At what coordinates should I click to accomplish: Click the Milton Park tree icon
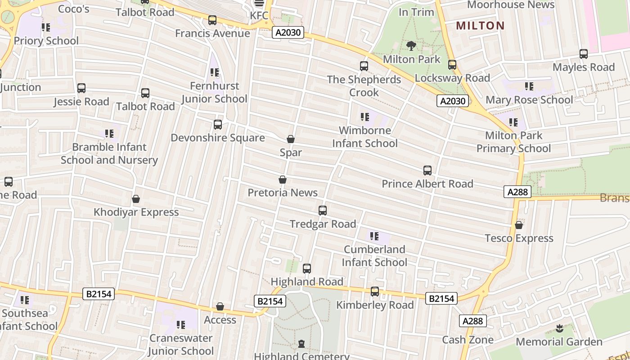coord(411,45)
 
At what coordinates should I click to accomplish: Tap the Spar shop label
coord(291,153)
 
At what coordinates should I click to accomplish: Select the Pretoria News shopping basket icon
coord(283,180)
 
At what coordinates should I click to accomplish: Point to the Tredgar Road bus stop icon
coord(322,210)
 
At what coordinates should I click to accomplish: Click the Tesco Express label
coord(519,238)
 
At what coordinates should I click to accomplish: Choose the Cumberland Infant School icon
coord(374,236)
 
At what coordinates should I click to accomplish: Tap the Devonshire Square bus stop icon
coord(218,124)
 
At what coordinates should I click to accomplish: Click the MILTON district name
coord(480,25)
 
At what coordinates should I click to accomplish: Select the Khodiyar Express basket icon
coord(136,199)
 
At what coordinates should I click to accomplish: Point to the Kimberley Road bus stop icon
coord(375,292)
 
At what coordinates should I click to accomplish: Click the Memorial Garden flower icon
coord(559,328)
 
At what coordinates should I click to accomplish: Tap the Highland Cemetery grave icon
coord(301,344)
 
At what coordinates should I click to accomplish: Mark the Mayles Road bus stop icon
coord(584,54)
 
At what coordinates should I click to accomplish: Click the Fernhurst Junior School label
coord(214,92)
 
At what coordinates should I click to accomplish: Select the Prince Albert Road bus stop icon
coord(427,171)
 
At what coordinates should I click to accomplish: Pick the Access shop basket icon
coord(220,306)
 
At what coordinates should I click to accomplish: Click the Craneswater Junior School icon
coord(181,324)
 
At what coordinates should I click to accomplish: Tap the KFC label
coord(259,15)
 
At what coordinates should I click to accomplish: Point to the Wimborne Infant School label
coord(364,137)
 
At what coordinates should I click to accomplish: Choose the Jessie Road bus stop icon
coord(81,88)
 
